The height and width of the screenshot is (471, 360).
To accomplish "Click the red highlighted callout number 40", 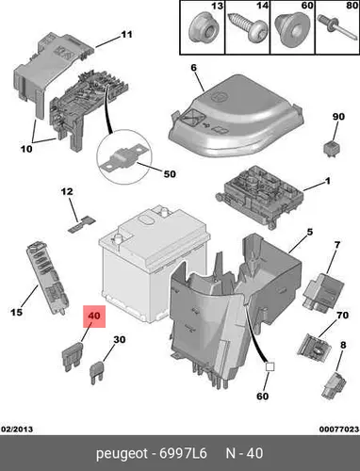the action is (94, 316).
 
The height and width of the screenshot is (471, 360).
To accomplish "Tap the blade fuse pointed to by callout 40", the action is (73, 356).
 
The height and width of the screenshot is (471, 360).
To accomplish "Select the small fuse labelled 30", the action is (98, 373).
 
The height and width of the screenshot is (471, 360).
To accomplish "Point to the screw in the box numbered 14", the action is (248, 30).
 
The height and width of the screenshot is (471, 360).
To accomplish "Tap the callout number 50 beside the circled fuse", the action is (170, 173).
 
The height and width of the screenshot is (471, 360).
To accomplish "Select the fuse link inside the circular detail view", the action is (124, 156).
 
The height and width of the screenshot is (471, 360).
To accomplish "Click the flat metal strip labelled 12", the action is (81, 225).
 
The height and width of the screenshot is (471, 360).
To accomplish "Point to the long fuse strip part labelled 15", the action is (46, 277).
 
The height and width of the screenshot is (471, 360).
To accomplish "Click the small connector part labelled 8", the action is (334, 383).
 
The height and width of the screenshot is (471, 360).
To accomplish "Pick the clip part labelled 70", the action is (314, 348).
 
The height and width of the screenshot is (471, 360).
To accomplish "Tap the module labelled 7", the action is (322, 290).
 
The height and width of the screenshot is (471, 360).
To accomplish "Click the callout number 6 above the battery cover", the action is (193, 68).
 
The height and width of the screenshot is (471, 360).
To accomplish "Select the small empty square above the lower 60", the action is (270, 367).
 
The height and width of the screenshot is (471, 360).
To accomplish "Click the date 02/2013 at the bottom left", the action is (17, 429).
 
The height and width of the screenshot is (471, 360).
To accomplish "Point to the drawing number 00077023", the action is (339, 429).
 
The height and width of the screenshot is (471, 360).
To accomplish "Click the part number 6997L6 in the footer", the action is (183, 453).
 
